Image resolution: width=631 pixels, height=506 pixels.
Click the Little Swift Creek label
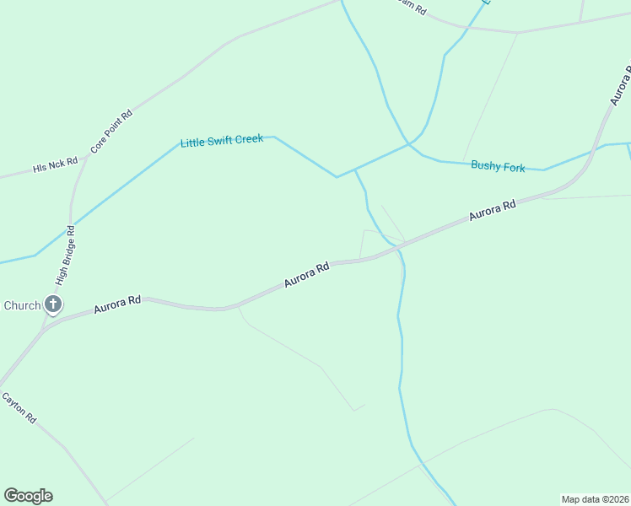pos(222,141)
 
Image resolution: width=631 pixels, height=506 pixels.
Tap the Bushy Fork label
pos(498,167)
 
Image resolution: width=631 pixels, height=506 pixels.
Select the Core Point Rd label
pos(112,131)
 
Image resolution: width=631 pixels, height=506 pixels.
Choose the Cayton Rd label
pos(19,407)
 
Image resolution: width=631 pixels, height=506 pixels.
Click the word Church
pos(21,305)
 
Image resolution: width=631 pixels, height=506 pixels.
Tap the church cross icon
pos(53,304)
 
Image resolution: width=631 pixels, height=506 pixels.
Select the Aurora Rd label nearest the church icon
pos(117,304)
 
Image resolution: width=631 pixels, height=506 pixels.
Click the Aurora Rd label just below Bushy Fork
pos(492,210)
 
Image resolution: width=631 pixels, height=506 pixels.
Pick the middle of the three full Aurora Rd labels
pos(306,275)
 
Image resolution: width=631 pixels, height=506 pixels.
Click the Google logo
pos(28,496)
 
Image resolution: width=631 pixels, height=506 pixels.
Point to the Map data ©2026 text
pos(595,499)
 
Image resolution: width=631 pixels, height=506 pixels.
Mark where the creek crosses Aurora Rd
pos(396,247)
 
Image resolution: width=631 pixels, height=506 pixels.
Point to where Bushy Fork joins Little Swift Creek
pos(411,145)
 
